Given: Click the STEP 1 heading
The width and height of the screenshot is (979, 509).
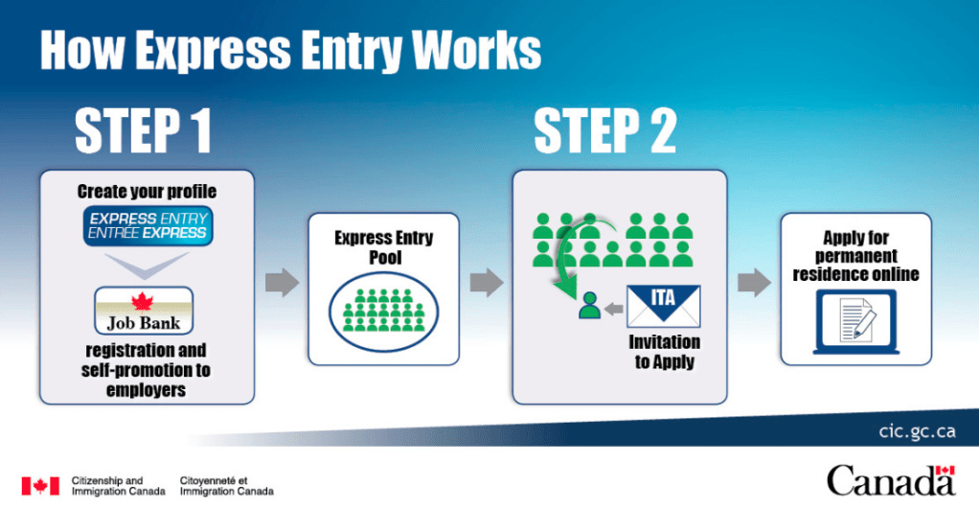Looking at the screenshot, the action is [x=143, y=130].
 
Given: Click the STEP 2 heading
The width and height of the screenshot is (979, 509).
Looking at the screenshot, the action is [x=605, y=130].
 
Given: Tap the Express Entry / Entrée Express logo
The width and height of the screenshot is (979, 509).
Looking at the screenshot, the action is [x=148, y=225].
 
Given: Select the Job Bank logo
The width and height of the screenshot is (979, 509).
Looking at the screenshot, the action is [x=144, y=311].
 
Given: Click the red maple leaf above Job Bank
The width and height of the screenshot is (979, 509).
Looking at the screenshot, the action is [x=143, y=301].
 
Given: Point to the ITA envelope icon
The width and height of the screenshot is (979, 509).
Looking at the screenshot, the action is [x=663, y=306].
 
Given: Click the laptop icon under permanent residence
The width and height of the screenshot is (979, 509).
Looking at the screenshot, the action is [x=856, y=322].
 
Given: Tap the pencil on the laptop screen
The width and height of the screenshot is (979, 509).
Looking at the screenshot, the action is [x=865, y=322].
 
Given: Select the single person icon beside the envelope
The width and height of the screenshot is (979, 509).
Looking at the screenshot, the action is [x=589, y=306].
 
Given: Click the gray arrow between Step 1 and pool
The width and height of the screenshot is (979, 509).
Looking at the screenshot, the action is [x=282, y=282].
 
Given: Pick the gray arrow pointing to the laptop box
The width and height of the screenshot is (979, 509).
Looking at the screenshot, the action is [x=754, y=282].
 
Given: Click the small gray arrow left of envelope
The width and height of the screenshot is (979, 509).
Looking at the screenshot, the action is [x=614, y=308].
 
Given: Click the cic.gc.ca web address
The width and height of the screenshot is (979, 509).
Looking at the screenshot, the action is [x=917, y=431].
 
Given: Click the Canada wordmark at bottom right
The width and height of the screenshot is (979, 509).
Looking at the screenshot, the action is [x=891, y=481].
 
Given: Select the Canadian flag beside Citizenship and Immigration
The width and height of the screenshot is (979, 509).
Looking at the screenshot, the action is [x=40, y=486].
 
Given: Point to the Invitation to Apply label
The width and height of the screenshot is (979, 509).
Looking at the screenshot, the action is [x=665, y=352].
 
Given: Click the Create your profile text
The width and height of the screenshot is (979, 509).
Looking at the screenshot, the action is [x=147, y=191].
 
